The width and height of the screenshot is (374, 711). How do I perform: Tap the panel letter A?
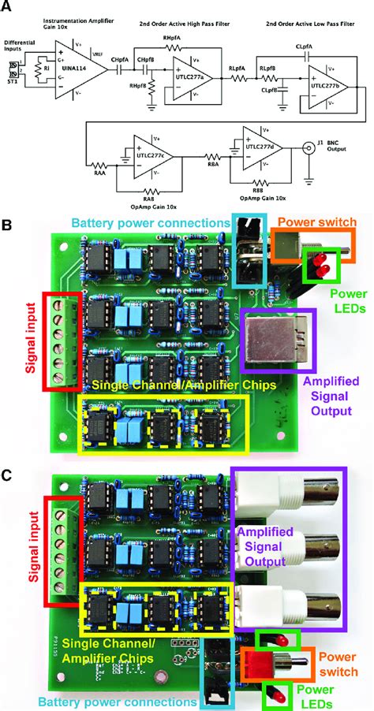(x=9, y=7)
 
